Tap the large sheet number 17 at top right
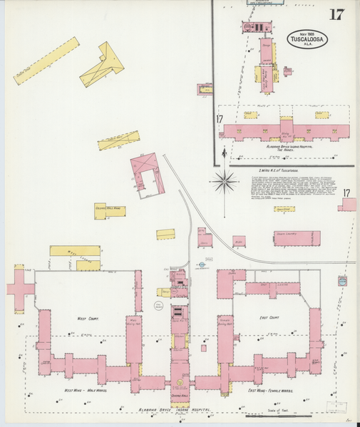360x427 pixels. tap(336, 15)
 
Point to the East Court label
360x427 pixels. tap(269, 318)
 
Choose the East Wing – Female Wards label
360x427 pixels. tap(270, 391)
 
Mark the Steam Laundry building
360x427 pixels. tap(297, 238)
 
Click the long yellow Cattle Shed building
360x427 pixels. tap(46, 60)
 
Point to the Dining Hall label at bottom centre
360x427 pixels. tap(180, 396)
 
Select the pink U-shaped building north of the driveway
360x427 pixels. tap(148, 173)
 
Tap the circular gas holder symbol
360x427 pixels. tap(159, 306)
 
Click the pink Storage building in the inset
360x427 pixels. tap(266, 55)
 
